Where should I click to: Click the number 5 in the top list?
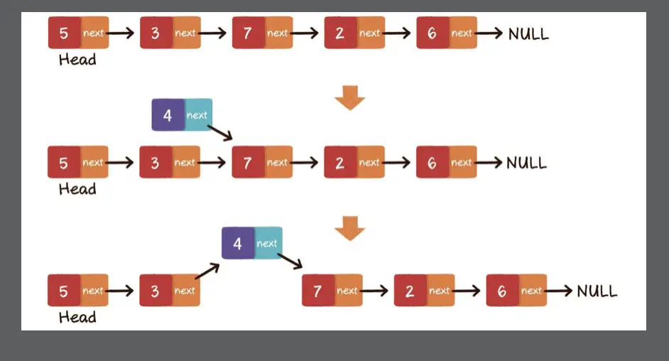coord(64,33)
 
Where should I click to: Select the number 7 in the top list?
coord(248,33)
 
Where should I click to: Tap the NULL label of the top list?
coord(528,33)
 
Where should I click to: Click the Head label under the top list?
coord(77,60)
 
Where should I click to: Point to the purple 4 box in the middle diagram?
coord(168,115)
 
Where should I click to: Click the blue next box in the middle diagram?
coord(197,115)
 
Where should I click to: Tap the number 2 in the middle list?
coord(339,163)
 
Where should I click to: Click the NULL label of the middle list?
coord(527,163)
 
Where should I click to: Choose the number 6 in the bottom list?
coord(502,291)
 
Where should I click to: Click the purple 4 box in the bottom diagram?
coord(237,244)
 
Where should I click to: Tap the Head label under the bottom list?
coord(77,317)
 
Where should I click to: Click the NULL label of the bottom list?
coord(597,291)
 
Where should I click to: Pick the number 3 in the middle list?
coord(156,163)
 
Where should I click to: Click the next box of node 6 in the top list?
coord(462,33)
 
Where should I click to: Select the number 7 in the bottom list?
coord(317,291)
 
